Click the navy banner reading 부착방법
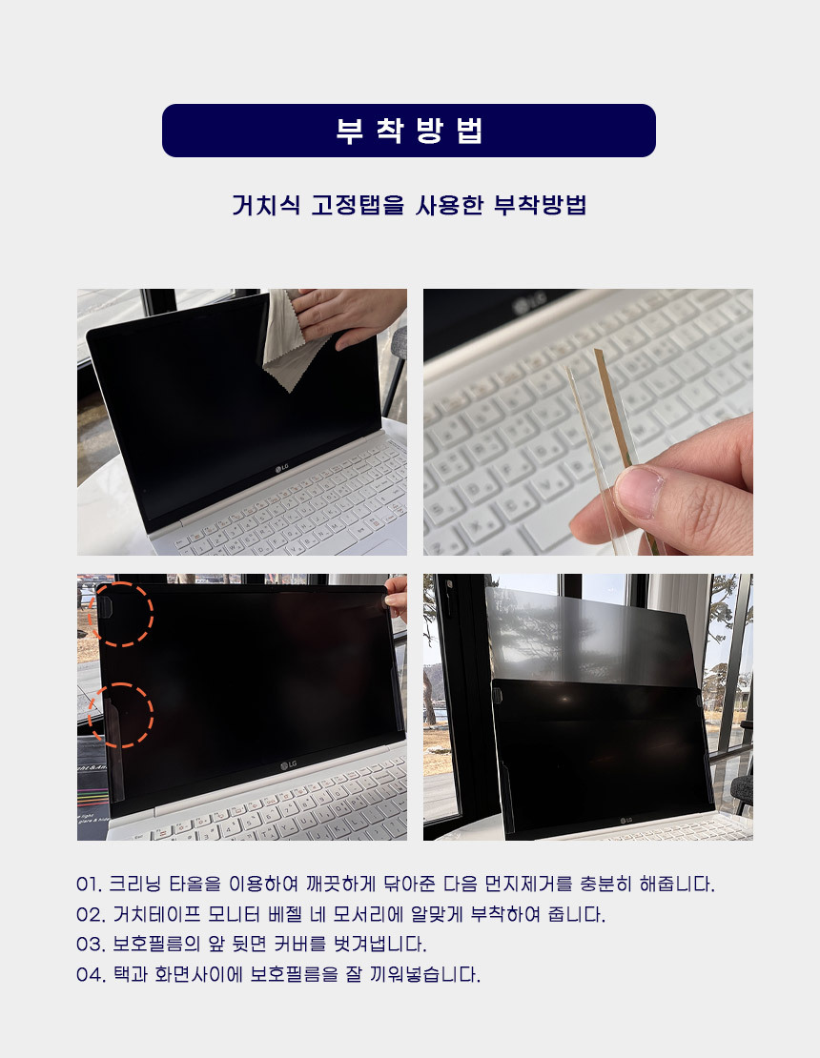click(408, 131)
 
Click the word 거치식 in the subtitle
click(266, 204)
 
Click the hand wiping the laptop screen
click(351, 317)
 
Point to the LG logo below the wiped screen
click(281, 468)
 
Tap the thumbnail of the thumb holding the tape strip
click(639, 492)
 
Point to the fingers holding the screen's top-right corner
click(396, 597)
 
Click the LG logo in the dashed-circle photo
click(288, 764)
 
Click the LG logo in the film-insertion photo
click(626, 821)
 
